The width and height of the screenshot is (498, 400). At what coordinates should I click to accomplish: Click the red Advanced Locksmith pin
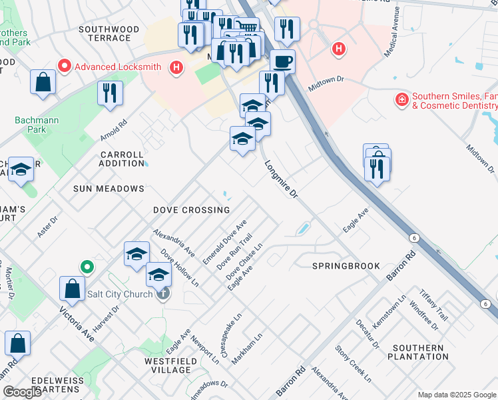tap(65, 66)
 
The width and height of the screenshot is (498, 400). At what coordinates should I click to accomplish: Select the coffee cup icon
tap(282, 61)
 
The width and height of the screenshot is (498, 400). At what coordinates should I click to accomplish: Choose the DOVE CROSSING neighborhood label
tap(191, 210)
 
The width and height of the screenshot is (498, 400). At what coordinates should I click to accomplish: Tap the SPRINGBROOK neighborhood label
tap(346, 265)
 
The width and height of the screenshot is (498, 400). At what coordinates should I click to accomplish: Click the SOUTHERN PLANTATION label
tap(417, 353)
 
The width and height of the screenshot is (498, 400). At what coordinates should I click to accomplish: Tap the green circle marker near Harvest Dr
tap(87, 267)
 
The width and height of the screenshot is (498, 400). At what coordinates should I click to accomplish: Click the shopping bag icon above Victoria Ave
tap(72, 289)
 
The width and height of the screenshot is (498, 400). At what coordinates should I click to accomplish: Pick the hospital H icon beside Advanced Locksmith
tap(176, 67)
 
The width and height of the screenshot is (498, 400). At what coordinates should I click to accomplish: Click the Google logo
tap(23, 392)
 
